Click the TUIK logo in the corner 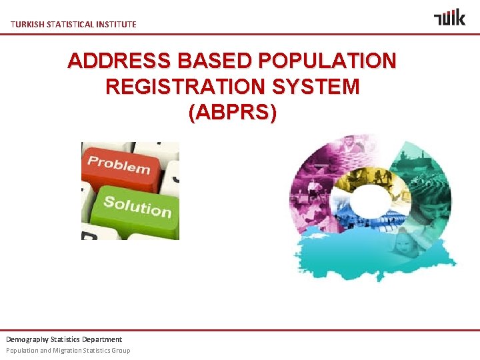449,17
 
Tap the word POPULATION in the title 326,61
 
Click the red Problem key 120,164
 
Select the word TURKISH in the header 27,25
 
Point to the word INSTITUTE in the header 117,25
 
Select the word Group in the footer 121,351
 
